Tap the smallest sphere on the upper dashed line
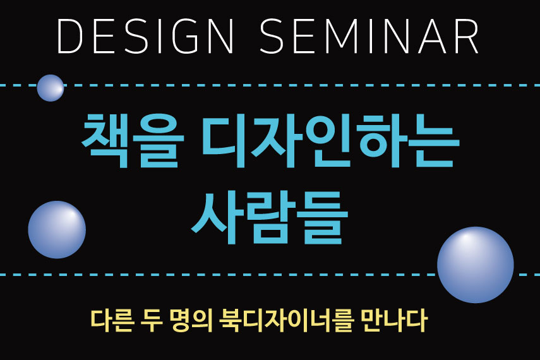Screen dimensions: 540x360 click(51, 88)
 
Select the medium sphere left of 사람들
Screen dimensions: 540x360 click(57, 230)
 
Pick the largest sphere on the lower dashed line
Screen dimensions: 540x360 click(475, 265)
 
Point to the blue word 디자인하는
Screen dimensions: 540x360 click(330, 141)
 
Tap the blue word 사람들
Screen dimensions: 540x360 click(270, 217)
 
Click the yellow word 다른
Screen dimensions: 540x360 click(112, 321)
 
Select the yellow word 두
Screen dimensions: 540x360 click(152, 321)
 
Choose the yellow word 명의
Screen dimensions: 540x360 click(191, 321)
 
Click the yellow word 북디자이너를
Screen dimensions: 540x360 click(287, 321)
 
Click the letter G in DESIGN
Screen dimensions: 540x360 click(185, 36)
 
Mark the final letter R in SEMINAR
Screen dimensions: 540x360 click(467, 36)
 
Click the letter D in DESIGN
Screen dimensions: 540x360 click(69, 36)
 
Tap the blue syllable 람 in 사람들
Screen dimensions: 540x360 click(270, 218)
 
